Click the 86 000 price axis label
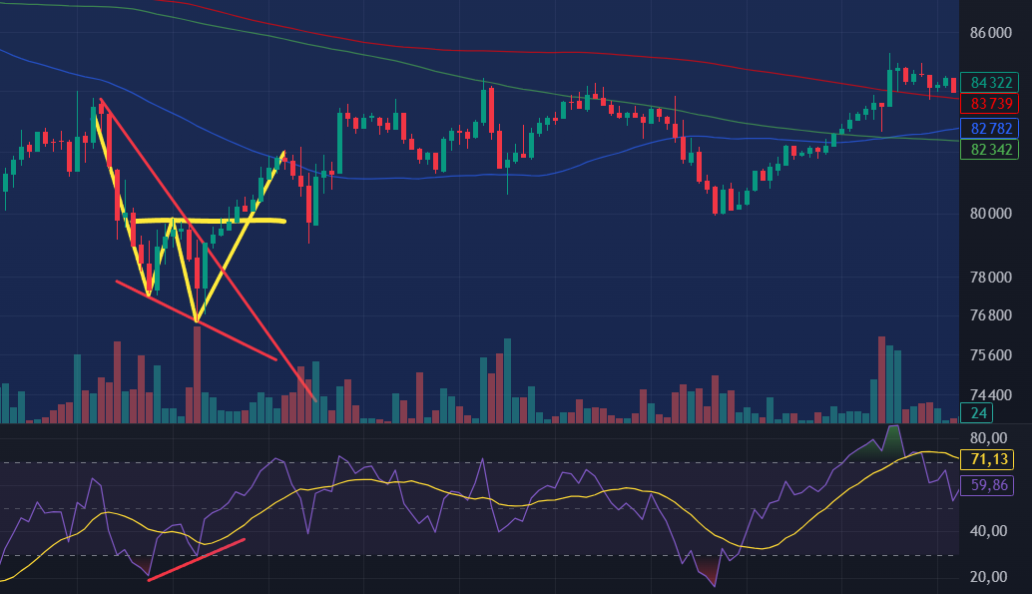[990, 33]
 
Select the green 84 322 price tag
[992, 83]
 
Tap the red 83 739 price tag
[992, 104]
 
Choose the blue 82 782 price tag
[992, 128]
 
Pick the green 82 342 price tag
[992, 150]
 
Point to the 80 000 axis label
[990, 213]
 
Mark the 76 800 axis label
[990, 315]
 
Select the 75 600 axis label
[990, 355]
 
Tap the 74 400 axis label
[990, 394]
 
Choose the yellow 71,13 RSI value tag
[992, 460]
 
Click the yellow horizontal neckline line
[210, 220]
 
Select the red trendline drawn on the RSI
[196, 560]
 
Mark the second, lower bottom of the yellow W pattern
[196, 320]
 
